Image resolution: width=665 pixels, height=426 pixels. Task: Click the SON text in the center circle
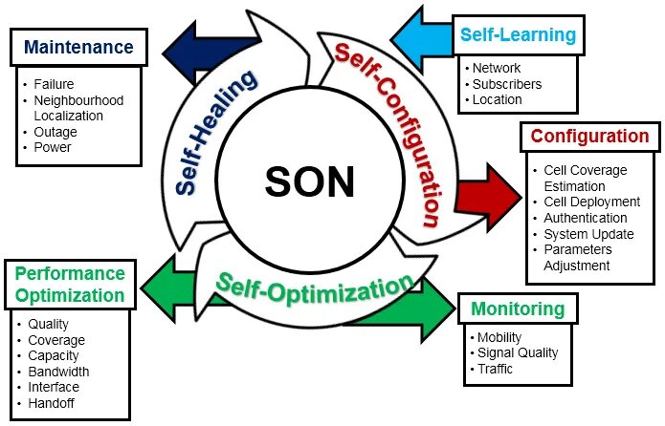309,181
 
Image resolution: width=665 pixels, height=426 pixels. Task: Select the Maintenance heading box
78,46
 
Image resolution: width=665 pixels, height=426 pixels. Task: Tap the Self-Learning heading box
518,35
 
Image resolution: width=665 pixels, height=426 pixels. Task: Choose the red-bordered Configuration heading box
589,137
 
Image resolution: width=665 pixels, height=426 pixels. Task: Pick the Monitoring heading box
517,309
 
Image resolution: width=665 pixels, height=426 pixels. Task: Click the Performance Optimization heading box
69,283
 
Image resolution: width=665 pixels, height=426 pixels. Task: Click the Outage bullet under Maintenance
55,132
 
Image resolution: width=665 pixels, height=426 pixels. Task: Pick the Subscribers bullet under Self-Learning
507,84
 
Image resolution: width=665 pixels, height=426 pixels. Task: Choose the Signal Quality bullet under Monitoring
517,353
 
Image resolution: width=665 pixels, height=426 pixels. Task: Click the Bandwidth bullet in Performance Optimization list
58,372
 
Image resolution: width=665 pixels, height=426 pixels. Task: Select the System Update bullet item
588,234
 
